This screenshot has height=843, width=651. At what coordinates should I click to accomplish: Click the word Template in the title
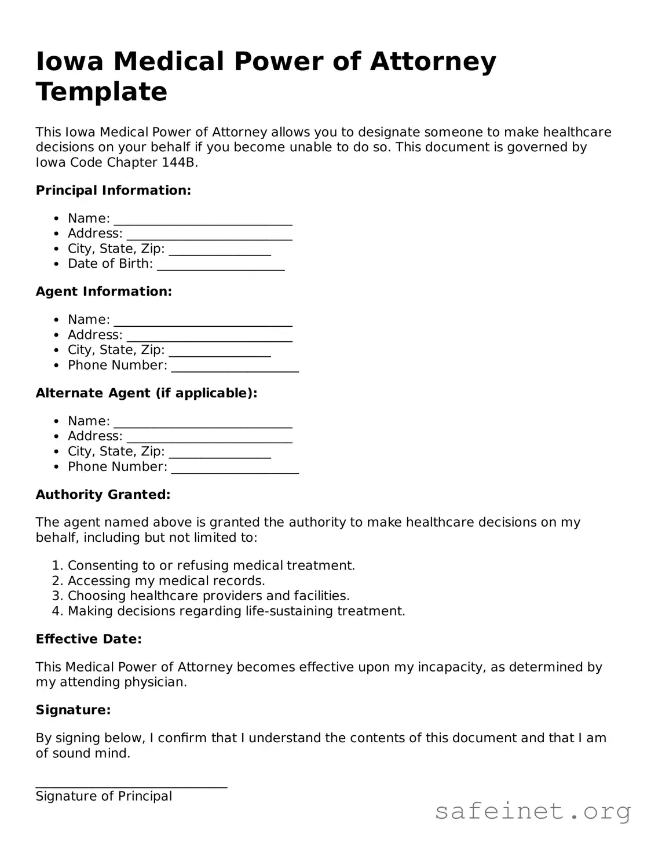click(101, 92)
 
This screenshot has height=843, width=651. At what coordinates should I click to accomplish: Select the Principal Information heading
click(113, 191)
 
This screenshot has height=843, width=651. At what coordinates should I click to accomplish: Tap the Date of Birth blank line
click(221, 265)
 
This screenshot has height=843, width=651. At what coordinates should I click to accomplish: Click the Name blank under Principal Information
click(203, 220)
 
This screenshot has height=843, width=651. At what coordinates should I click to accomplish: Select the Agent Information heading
click(104, 291)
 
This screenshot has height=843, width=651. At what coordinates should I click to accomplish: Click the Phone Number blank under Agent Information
click(235, 367)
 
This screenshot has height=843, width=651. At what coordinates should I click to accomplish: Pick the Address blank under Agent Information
click(209, 336)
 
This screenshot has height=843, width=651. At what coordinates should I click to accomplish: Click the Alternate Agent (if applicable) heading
click(146, 393)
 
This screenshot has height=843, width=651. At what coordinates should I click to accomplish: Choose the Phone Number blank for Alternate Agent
click(235, 468)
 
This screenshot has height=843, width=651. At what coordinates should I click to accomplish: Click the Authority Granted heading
click(103, 494)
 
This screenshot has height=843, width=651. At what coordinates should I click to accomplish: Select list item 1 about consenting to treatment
click(211, 565)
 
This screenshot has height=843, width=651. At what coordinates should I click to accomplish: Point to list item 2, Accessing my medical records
click(166, 581)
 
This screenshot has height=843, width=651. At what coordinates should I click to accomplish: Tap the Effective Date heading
click(89, 639)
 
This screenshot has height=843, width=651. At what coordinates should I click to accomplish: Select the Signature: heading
click(73, 710)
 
